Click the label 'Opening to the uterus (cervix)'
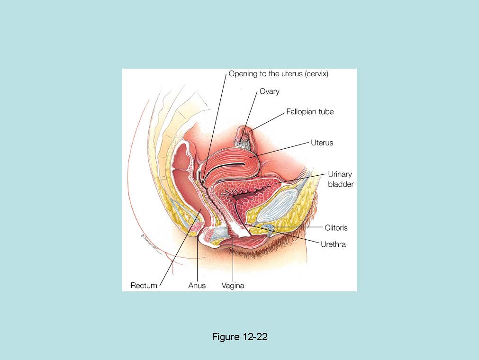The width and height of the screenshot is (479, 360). [x=278, y=74]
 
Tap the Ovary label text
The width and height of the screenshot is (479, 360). [x=269, y=91]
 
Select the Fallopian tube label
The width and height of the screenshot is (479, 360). [x=310, y=112]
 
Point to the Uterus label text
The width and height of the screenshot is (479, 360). [x=322, y=143]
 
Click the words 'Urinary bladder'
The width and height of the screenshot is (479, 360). [x=340, y=179]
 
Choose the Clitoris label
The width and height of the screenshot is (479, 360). [x=336, y=228]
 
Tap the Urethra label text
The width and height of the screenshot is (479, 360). [x=333, y=244]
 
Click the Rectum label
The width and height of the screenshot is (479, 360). [x=144, y=286]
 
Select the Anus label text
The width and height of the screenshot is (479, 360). [x=197, y=286]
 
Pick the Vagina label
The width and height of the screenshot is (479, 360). [x=233, y=286]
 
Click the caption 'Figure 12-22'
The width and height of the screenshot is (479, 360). [x=240, y=337]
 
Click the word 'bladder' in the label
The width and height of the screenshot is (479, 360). [x=341, y=184]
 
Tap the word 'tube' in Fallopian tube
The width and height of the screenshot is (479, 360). [x=326, y=112]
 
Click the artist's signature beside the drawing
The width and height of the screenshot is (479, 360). [x=150, y=243]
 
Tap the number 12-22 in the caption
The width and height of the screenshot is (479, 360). [x=255, y=337]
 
